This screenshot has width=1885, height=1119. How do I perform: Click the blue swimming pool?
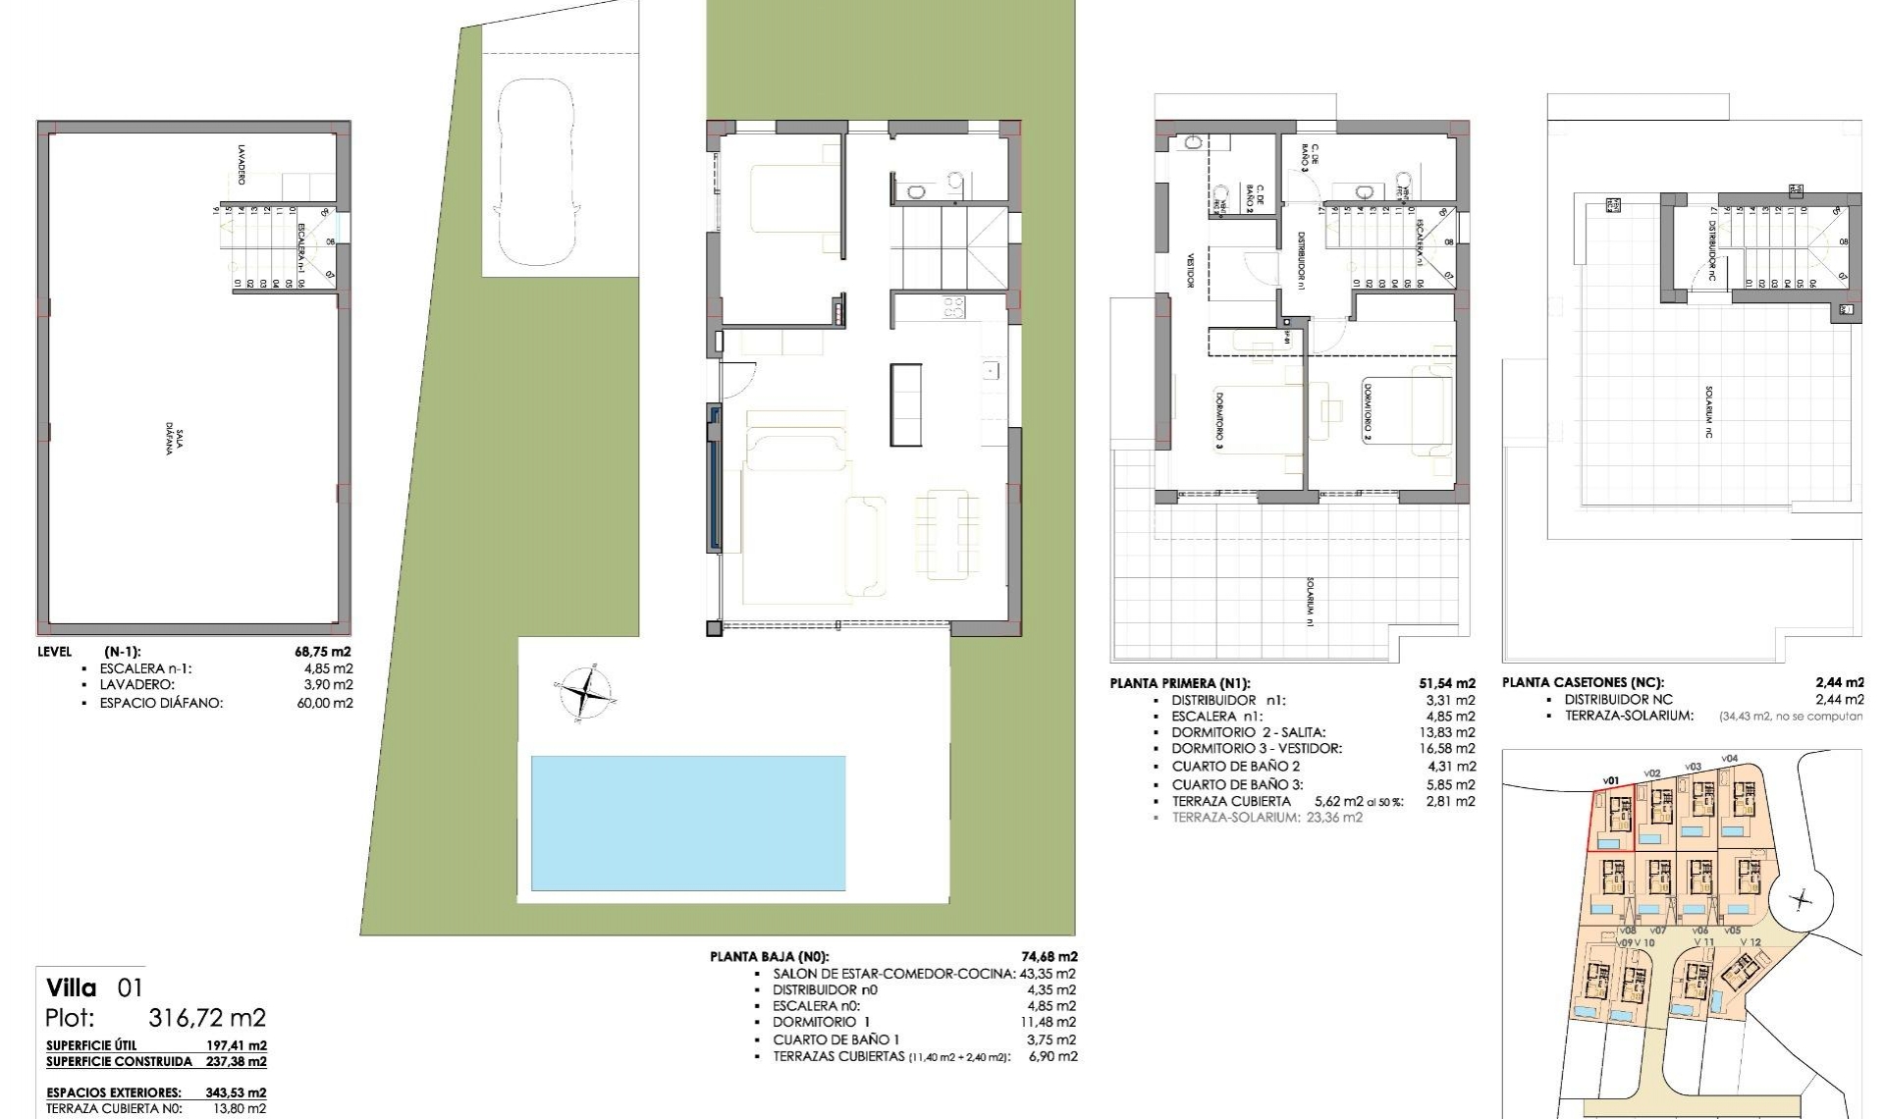tap(687, 823)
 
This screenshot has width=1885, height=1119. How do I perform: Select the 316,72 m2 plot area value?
tap(207, 1018)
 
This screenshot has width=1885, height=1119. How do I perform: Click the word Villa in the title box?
tap(71, 987)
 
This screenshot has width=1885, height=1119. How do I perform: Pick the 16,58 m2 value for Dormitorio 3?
tap(1450, 748)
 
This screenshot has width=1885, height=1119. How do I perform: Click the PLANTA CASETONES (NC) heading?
tap(1583, 682)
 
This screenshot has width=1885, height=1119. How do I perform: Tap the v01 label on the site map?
tap(1610, 780)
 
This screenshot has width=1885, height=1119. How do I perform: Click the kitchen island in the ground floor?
tap(906, 403)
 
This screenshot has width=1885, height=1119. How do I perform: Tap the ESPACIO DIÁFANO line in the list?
tap(162, 703)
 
